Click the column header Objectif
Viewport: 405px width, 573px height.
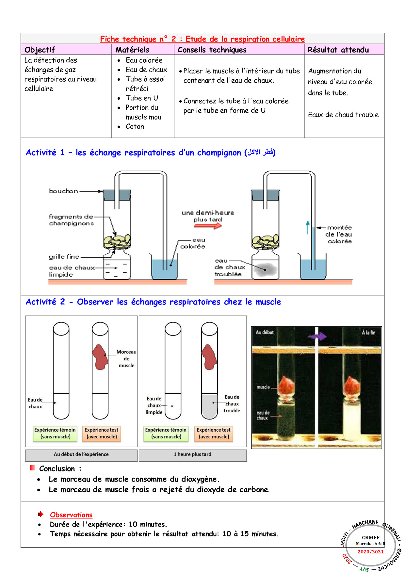point(40,50)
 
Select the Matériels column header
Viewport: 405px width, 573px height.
point(132,50)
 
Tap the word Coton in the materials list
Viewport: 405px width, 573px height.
point(135,126)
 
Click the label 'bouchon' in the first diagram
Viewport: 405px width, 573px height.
point(63,191)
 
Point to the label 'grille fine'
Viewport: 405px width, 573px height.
point(64,257)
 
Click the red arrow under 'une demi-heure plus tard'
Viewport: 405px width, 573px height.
point(208,226)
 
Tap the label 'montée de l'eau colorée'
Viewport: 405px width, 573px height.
point(340,234)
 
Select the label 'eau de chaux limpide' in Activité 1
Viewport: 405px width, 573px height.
point(72,271)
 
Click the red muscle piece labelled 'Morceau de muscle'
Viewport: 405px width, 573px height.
point(100,357)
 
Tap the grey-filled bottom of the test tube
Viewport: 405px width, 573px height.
point(209,407)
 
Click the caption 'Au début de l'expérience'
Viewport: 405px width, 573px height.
point(81,454)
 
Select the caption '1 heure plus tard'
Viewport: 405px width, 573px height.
point(192,454)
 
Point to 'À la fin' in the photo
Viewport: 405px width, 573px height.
point(368,333)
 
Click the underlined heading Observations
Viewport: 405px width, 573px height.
point(71,515)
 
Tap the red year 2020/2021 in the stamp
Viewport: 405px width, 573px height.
point(370,552)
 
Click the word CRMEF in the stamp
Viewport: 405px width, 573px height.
point(370,537)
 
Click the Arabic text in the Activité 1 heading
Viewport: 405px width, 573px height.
point(260,152)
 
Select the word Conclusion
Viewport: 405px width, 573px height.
point(57,468)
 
